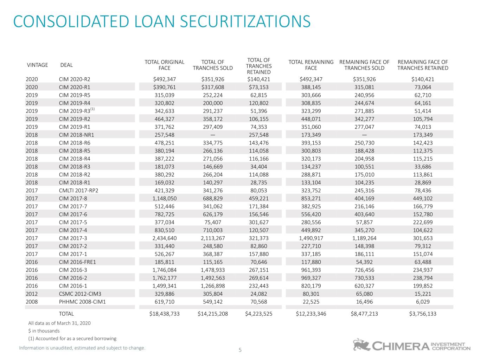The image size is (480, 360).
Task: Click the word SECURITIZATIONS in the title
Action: coord(245,21)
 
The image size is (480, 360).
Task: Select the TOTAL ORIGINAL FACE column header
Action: coord(165,65)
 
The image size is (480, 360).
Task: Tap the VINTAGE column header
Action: coord(37,65)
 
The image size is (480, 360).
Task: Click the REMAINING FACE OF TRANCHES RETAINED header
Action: coord(423,65)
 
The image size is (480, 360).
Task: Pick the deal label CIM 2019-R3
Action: coord(77,111)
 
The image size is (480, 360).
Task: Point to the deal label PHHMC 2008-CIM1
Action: coord(82,302)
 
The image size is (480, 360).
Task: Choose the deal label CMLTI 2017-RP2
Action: coord(78,191)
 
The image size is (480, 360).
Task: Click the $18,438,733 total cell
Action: coord(165,314)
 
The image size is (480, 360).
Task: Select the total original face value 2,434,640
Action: coord(165,238)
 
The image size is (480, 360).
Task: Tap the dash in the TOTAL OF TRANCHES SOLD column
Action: coord(213,135)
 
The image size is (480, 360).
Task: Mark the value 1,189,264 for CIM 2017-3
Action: coord(364,238)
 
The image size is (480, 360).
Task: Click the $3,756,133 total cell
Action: coord(423,314)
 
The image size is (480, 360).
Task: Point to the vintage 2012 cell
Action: coord(32,294)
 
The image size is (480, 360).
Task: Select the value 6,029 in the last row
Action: coord(423,302)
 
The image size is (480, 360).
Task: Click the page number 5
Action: coord(240,350)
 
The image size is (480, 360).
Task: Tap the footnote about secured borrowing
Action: coord(72,338)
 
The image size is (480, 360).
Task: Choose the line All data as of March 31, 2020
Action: coord(59,323)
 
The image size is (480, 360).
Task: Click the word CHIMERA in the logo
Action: coord(401,346)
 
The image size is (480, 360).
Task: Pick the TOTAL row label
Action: coord(66,314)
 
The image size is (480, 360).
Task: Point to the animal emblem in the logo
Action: coord(361,345)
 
